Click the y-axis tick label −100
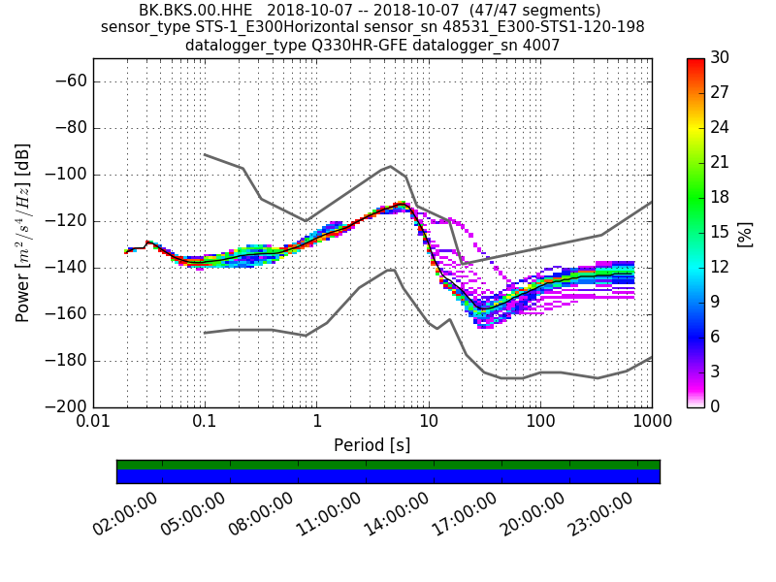pos(66,175)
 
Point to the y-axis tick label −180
pos(66,361)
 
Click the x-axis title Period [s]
pos(372,445)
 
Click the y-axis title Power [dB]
pos(23,233)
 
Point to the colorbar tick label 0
pos(714,406)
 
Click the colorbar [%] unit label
pos(745,233)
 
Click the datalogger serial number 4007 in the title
pos(540,45)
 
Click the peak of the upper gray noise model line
pos(390,166)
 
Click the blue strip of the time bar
pos(388,476)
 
